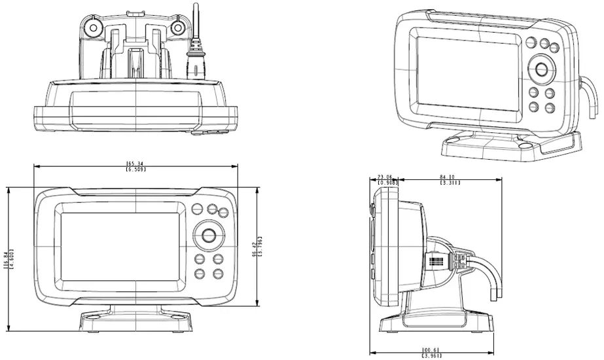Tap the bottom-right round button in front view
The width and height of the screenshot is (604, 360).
coord(218,274)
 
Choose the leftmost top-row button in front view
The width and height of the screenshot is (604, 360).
coord(197,209)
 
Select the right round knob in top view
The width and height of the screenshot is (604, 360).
coord(177,27)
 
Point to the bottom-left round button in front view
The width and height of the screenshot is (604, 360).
coord(201,274)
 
